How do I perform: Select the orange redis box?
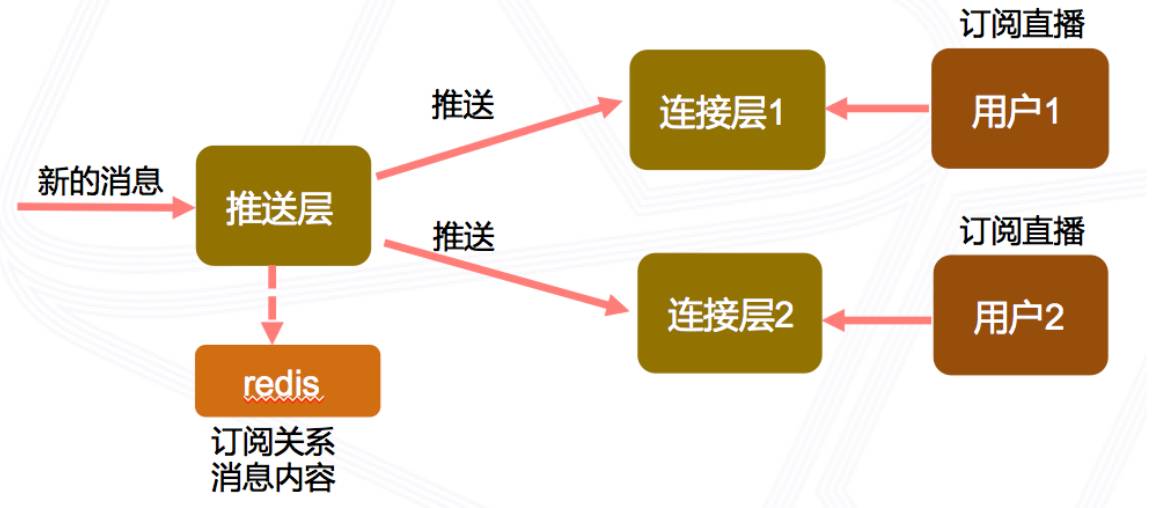[x=287, y=380]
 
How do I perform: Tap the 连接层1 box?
[x=727, y=110]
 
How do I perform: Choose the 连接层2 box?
[x=730, y=315]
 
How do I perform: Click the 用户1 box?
[x=1019, y=109]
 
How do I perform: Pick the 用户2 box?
[x=1020, y=315]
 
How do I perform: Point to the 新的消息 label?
[x=100, y=180]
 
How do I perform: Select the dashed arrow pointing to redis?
[x=271, y=304]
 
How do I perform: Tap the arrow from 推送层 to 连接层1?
[x=495, y=140]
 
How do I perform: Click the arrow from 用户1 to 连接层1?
[x=880, y=108]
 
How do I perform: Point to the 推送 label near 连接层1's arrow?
[x=463, y=107]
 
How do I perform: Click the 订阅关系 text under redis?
[x=272, y=442]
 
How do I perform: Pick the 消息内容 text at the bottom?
[x=272, y=478]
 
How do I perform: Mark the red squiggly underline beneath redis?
[x=285, y=397]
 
